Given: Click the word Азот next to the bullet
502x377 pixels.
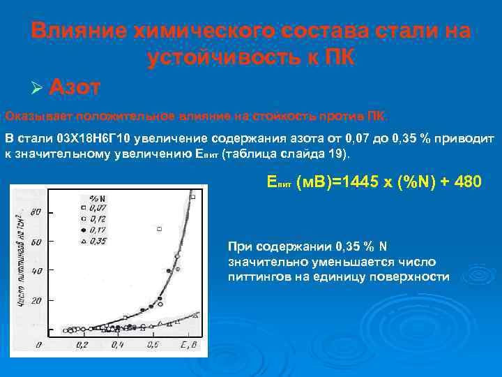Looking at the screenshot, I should coord(75,87).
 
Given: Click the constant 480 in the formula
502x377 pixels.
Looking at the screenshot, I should coord(466,183).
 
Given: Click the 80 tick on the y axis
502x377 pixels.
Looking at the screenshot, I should coord(37,212).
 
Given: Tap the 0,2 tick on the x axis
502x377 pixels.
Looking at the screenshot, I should coord(82,346).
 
